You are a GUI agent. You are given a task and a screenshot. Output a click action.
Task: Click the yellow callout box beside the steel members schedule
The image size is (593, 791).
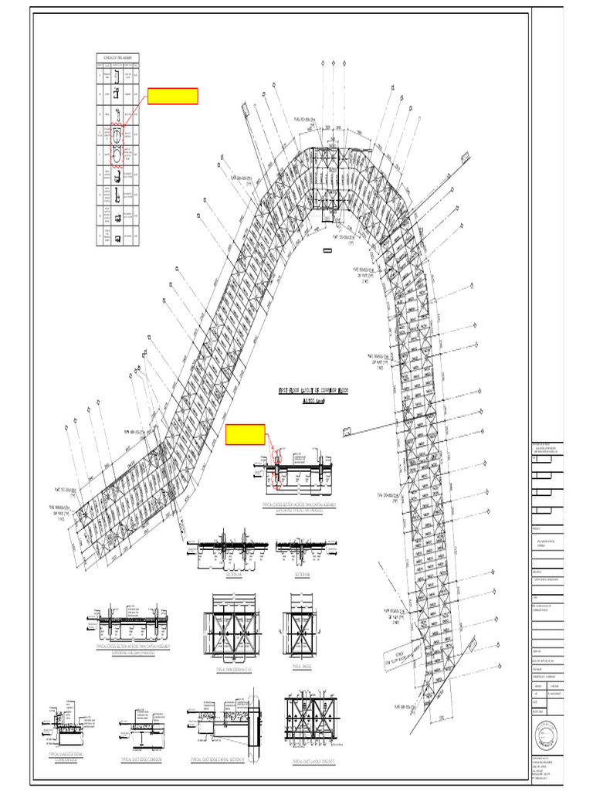pyautogui.click(x=173, y=96)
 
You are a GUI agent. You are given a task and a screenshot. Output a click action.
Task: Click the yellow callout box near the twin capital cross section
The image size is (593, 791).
pyautogui.click(x=245, y=435)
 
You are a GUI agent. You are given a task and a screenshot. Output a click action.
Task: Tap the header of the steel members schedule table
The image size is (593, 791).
pyautogui.click(x=117, y=58)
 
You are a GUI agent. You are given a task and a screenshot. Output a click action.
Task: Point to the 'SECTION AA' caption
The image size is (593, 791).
pyautogui.click(x=234, y=575)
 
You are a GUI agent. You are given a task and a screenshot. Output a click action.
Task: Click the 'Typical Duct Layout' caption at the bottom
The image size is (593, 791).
pyautogui.click(x=314, y=761)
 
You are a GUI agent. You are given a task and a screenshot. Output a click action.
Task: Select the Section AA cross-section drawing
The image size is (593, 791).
pyautogui.click(x=234, y=549)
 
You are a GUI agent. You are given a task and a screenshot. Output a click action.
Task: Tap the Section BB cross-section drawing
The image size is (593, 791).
pyautogui.click(x=302, y=549)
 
